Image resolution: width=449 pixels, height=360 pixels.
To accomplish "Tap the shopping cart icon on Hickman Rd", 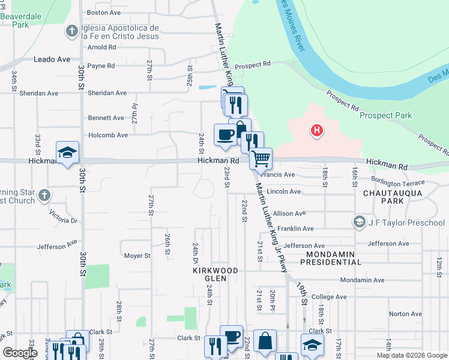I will [261, 159].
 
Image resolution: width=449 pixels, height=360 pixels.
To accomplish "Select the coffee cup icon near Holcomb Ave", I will [226, 134].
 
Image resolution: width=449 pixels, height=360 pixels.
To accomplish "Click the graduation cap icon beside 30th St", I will [67, 152].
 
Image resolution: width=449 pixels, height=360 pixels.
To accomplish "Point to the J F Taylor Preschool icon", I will [360, 223].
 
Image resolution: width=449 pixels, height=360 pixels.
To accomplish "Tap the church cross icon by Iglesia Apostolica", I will [71, 31].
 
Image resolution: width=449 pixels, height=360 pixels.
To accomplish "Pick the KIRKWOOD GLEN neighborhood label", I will [215, 271].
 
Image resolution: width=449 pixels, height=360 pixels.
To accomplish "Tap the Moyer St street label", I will [137, 256].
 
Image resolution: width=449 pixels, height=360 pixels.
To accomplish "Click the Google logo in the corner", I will [20, 353].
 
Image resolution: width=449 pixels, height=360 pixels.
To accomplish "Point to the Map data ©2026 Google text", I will [411, 355].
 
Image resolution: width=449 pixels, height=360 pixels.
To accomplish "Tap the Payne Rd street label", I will [101, 65].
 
